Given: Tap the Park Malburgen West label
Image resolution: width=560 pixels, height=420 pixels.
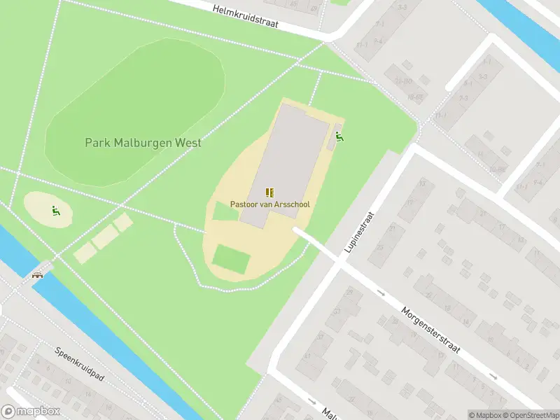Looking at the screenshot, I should point(143,143).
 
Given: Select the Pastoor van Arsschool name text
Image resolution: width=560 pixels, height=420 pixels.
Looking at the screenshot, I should point(270,204).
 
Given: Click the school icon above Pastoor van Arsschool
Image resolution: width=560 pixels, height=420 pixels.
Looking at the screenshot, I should point(270,192).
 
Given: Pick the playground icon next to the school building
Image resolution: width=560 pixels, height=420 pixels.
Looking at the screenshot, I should point(339,137).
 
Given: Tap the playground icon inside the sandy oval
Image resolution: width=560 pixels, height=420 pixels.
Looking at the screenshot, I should point(55,210).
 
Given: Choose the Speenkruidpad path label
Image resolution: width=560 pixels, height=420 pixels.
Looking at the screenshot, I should point(79,363).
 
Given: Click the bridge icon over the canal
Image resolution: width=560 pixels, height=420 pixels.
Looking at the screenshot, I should point(38,274).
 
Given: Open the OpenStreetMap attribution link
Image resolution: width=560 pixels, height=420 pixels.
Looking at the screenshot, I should point(530,415).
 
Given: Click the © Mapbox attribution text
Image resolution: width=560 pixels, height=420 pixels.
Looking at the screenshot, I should point(485,415).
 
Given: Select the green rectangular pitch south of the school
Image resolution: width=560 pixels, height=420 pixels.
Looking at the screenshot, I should point(231,259).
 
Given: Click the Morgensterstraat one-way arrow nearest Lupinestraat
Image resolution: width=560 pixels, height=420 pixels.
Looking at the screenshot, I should point(381,293).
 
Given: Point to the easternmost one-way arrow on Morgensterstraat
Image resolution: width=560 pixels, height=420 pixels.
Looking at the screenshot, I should point(493,377).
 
